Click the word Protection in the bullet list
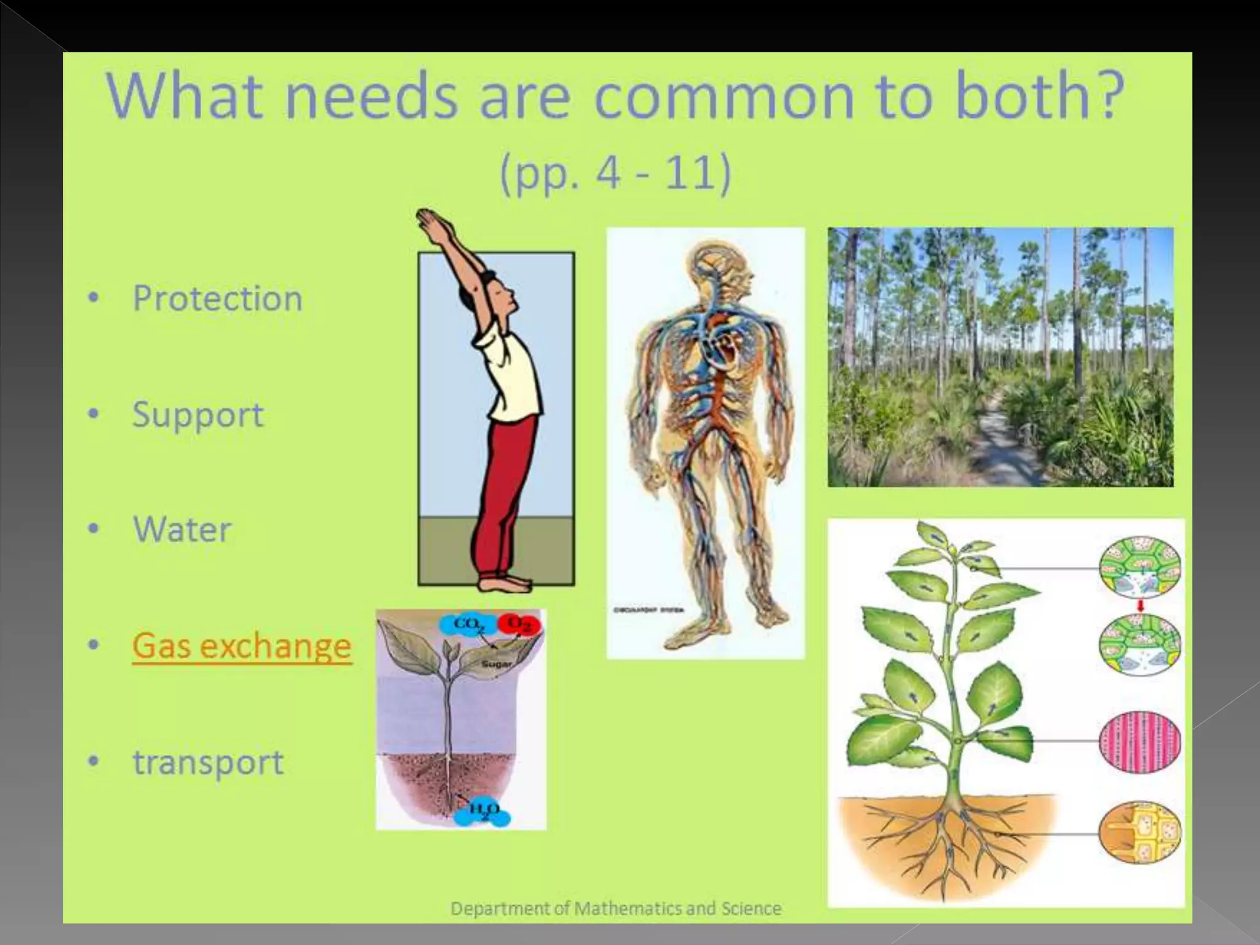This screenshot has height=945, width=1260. click(217, 299)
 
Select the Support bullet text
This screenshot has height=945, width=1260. click(198, 415)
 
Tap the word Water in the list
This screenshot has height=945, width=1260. click(182, 530)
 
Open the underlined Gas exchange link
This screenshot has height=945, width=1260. click(241, 646)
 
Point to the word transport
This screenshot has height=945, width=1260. click(208, 762)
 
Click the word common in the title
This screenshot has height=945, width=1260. click(722, 97)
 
